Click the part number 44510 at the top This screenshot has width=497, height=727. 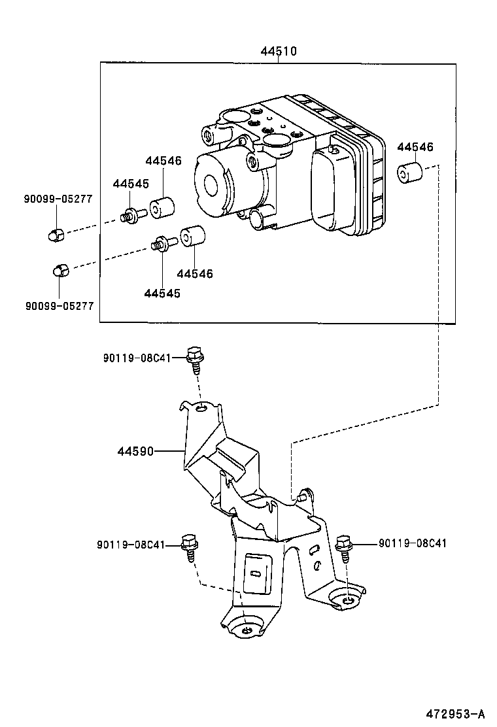click(279, 50)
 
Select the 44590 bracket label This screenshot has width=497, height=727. click(136, 450)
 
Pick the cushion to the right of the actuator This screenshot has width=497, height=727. click(409, 174)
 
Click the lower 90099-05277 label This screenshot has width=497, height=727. click(60, 305)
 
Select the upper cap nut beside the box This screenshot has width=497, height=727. click(56, 233)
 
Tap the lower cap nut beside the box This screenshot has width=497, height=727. click(59, 269)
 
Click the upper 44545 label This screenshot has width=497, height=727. click(131, 184)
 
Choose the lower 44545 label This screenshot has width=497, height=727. click(162, 294)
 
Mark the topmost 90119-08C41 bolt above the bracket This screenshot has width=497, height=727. click(194, 359)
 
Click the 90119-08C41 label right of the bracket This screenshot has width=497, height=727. click(413, 543)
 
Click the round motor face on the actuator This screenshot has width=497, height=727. click(213, 184)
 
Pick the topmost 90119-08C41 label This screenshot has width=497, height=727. click(137, 358)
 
